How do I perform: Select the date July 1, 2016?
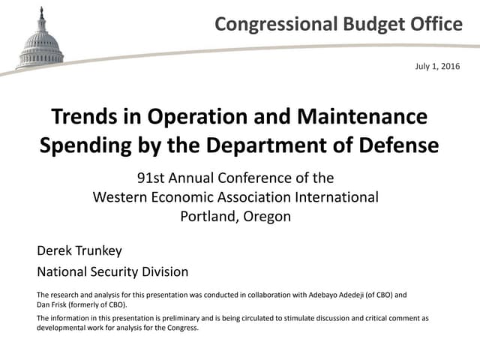click(x=437, y=67)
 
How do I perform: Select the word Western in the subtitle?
click(x=124, y=197)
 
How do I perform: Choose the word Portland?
click(x=208, y=216)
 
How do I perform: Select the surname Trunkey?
click(x=98, y=250)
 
